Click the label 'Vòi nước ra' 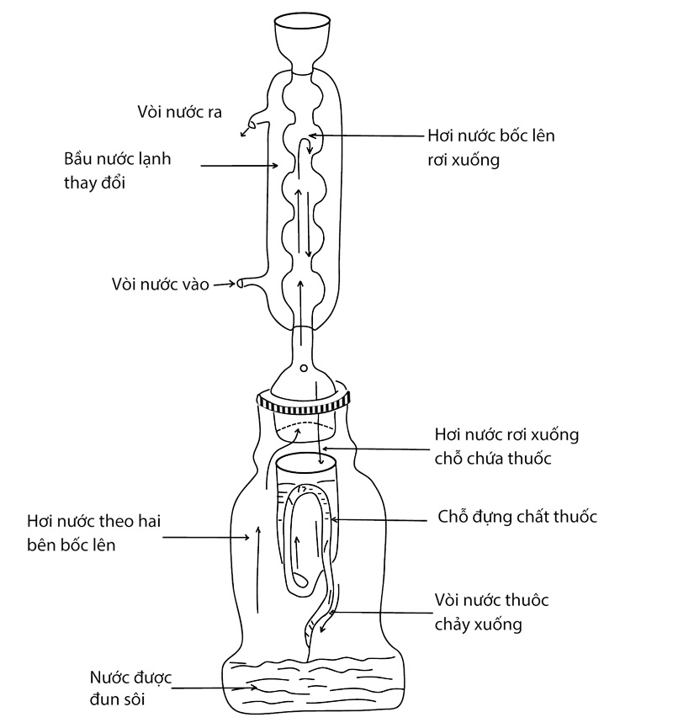[x=180, y=112]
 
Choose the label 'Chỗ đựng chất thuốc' [x=517, y=516]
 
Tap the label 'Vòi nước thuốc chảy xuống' [x=491, y=612]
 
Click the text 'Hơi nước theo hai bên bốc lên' [x=93, y=533]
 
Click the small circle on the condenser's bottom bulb [x=303, y=368]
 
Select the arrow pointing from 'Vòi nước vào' [x=223, y=284]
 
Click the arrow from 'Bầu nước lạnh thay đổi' [x=239, y=165]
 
